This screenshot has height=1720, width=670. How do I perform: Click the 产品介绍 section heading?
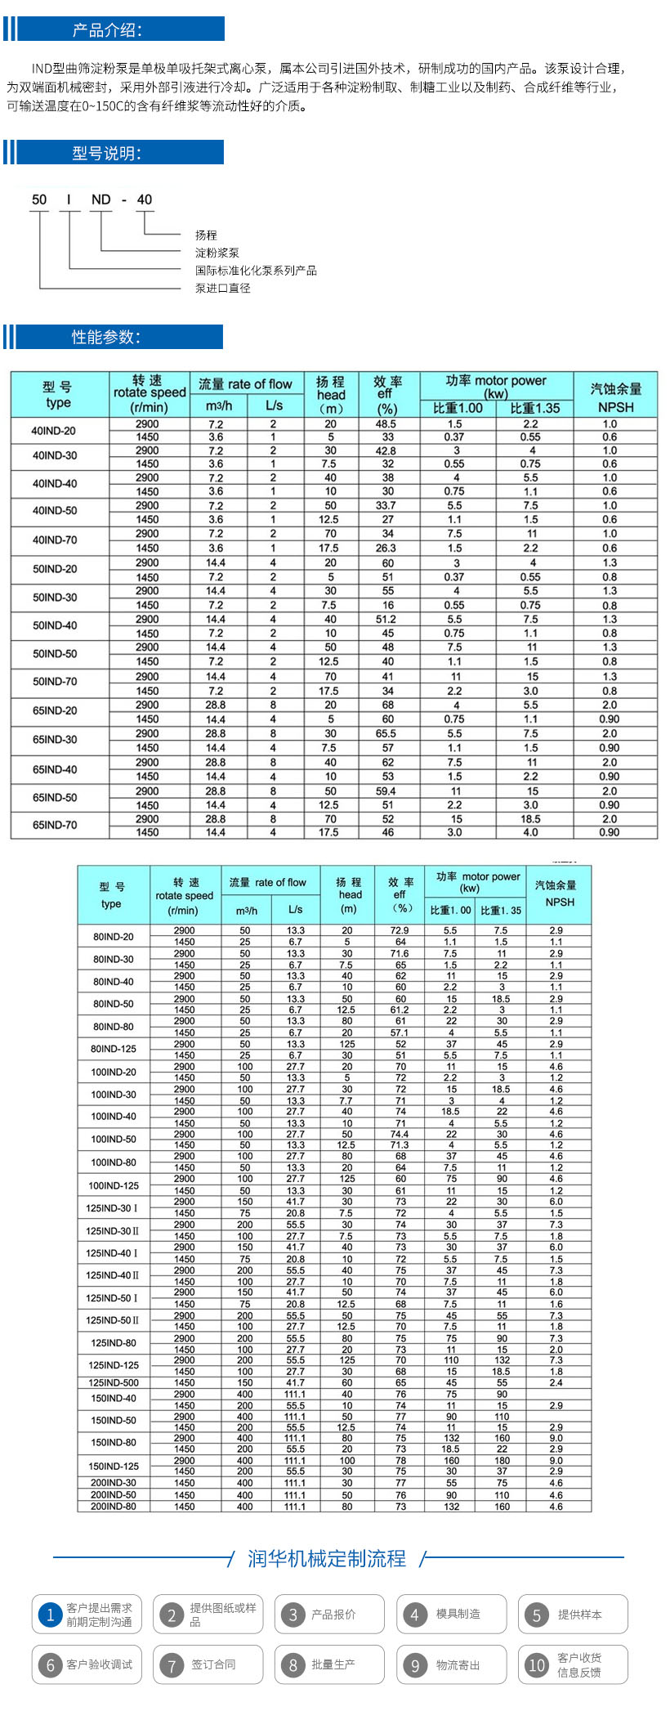(x=107, y=30)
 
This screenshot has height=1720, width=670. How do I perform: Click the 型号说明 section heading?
(x=107, y=153)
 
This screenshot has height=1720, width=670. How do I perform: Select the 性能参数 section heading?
(x=107, y=337)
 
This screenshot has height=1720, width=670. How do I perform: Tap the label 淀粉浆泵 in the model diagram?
(x=217, y=253)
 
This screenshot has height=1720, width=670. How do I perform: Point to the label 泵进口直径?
(x=223, y=288)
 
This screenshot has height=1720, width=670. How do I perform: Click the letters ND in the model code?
(x=100, y=199)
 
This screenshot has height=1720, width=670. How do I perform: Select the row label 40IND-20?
(x=55, y=431)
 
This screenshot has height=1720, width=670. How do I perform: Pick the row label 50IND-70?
(x=55, y=682)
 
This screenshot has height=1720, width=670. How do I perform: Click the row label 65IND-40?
(x=55, y=769)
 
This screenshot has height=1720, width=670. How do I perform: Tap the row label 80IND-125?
(x=113, y=1049)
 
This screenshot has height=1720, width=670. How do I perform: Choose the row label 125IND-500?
(x=114, y=1383)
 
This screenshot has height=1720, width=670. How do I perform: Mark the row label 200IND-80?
(x=114, y=1506)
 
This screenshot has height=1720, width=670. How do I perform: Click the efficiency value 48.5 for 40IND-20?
(x=386, y=424)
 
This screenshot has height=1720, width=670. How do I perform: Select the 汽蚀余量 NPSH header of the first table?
(x=615, y=396)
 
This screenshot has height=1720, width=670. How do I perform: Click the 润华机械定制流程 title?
(x=327, y=1559)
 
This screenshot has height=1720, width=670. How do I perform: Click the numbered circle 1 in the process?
(x=50, y=1615)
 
